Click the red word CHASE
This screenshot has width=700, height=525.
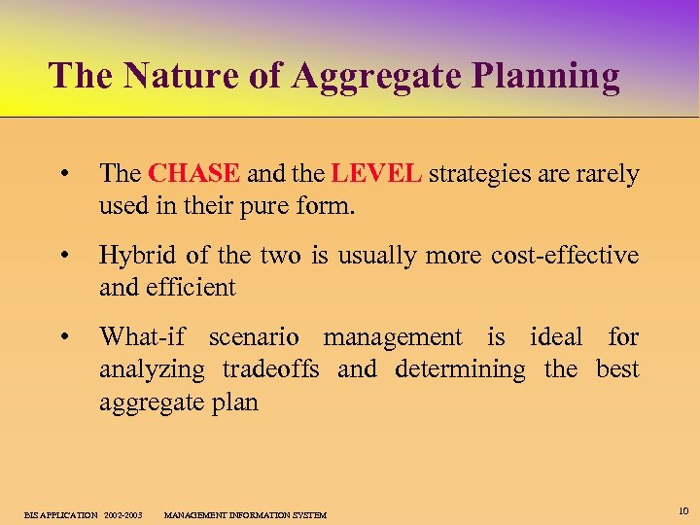point(194,174)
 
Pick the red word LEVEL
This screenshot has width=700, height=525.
point(376,174)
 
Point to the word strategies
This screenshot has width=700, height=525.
point(474,174)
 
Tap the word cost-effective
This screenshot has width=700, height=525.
point(565,256)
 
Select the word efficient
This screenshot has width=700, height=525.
point(191,288)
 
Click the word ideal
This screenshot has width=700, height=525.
point(557,337)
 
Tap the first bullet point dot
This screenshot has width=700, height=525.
point(63,175)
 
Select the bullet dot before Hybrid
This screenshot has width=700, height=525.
point(63,257)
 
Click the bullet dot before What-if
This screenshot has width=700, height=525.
point(63,338)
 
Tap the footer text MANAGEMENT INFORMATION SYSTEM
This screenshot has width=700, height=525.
point(245,514)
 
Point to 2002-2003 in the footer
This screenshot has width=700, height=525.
point(122,514)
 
